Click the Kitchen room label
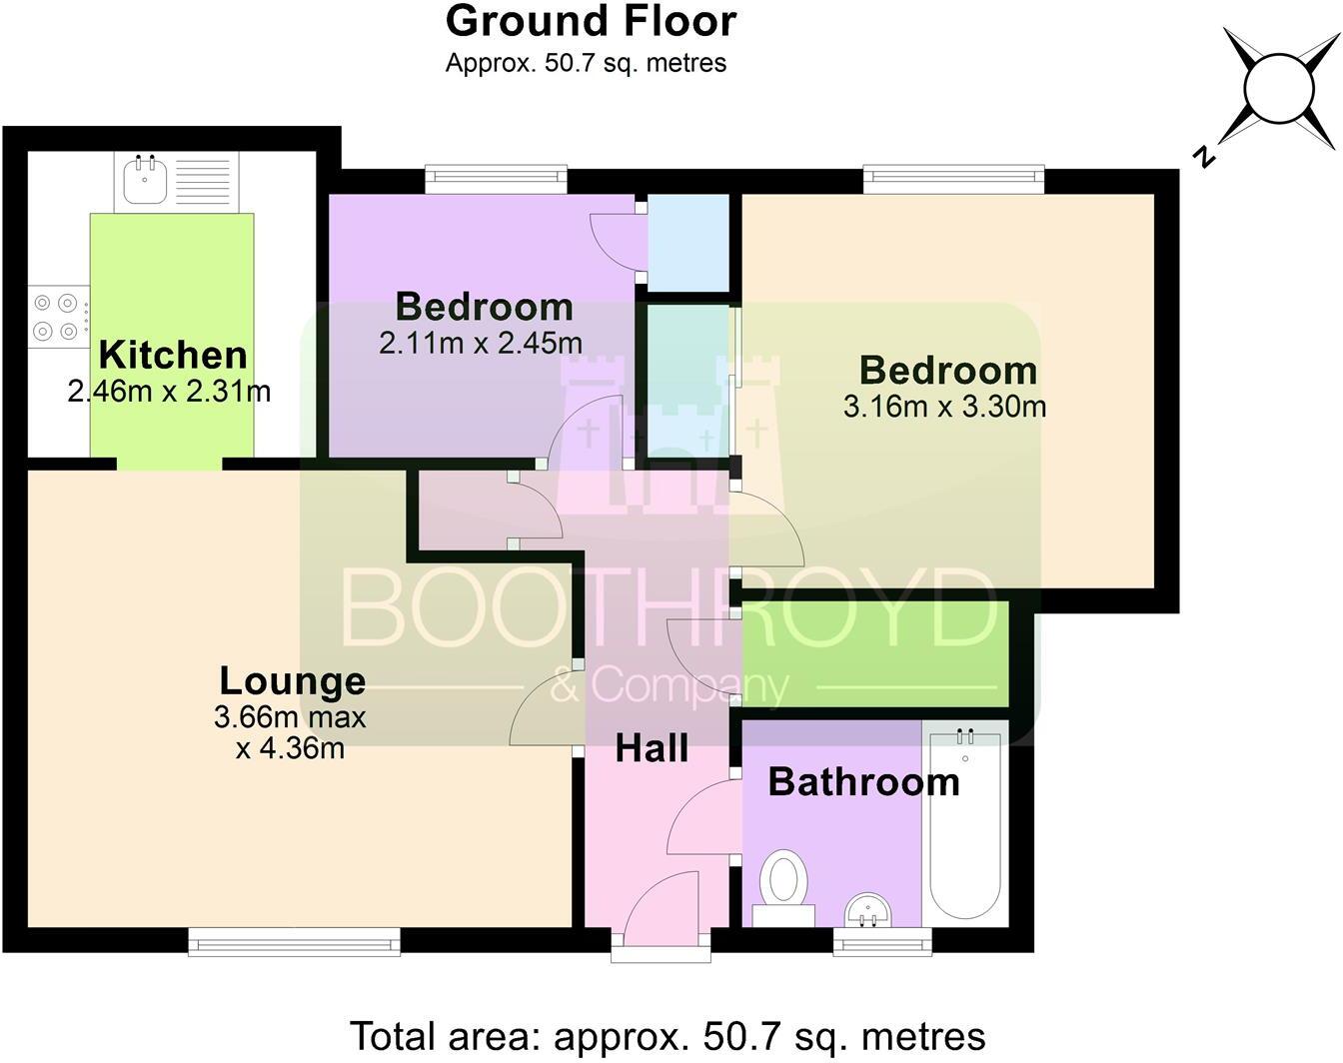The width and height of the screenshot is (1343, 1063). coord(172,355)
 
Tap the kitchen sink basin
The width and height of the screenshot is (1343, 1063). coord(146,181)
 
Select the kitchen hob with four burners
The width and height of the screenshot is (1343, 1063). coord(56,316)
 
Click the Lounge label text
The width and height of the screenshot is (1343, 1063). coord(292,680)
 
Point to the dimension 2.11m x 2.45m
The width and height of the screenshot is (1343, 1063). coord(480,344)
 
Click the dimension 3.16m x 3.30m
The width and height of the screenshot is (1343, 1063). coord(944,407)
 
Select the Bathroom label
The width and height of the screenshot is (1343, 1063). coord(863,781)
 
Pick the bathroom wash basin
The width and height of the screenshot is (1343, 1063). coord(868,910)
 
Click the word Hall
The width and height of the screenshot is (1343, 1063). coord(652,747)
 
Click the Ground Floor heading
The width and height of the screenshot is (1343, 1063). coord(591,21)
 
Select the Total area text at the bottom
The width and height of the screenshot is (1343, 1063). coord(668,1036)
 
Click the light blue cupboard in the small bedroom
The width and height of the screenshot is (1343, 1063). coord(688,243)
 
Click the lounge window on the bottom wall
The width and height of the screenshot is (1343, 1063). coord(294,940)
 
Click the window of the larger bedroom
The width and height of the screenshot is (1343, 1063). coord(953,180)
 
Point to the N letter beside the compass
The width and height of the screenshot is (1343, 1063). coord(1206,156)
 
